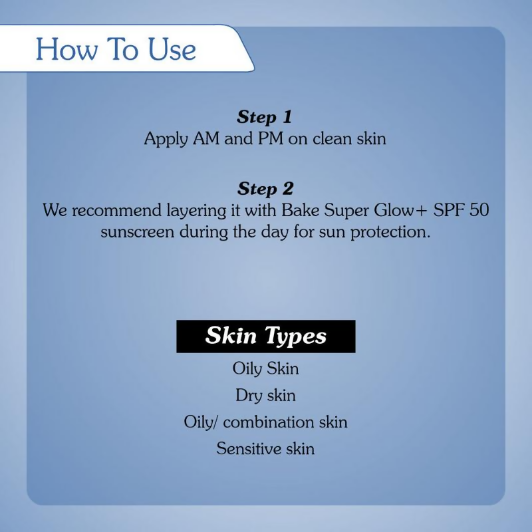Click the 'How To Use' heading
(x=116, y=50)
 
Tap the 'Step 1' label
(x=265, y=118)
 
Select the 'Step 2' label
(x=265, y=188)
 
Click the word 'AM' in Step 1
(x=207, y=140)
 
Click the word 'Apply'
(x=165, y=141)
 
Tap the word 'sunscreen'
(x=136, y=233)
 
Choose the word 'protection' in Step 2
(x=392, y=234)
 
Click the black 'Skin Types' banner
(x=266, y=336)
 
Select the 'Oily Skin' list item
(x=266, y=368)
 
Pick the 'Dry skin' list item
(x=266, y=395)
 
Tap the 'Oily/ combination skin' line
(x=266, y=422)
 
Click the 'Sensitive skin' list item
(x=266, y=448)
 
